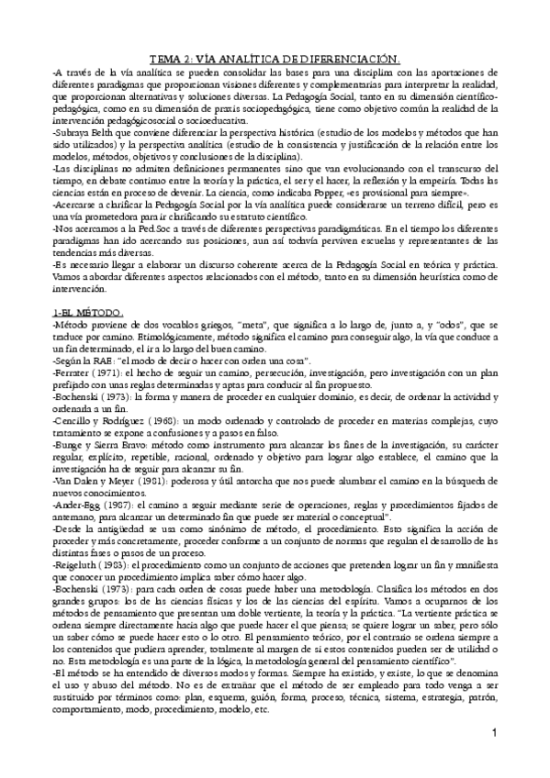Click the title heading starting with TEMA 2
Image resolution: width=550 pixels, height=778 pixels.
pos(275,60)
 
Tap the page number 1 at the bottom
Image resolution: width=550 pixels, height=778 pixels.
pos(493,758)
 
